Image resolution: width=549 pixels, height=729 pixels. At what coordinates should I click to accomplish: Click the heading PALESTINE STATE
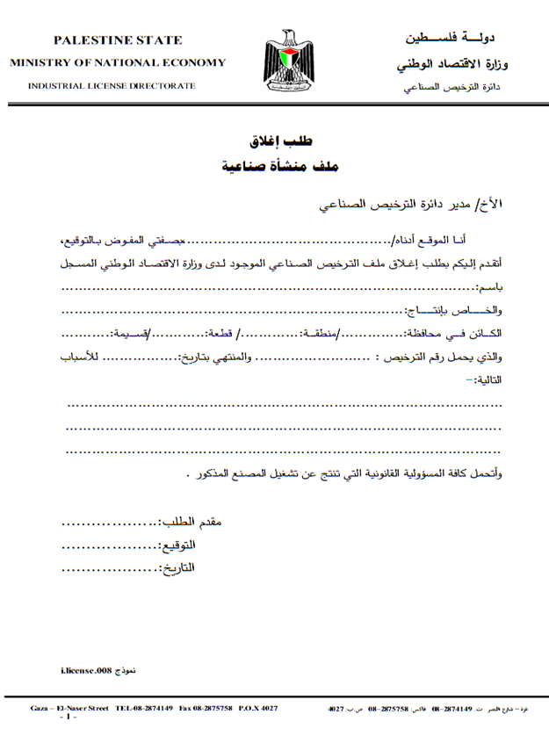click(x=118, y=40)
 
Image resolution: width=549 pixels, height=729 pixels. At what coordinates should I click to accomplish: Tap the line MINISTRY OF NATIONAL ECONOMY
click(x=118, y=63)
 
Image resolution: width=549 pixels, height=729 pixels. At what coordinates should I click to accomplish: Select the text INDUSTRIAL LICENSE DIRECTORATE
click(x=112, y=86)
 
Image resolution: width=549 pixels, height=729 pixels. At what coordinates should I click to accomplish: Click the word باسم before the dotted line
click(x=489, y=289)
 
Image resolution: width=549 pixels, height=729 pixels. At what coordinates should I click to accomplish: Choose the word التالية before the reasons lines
click(x=488, y=380)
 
